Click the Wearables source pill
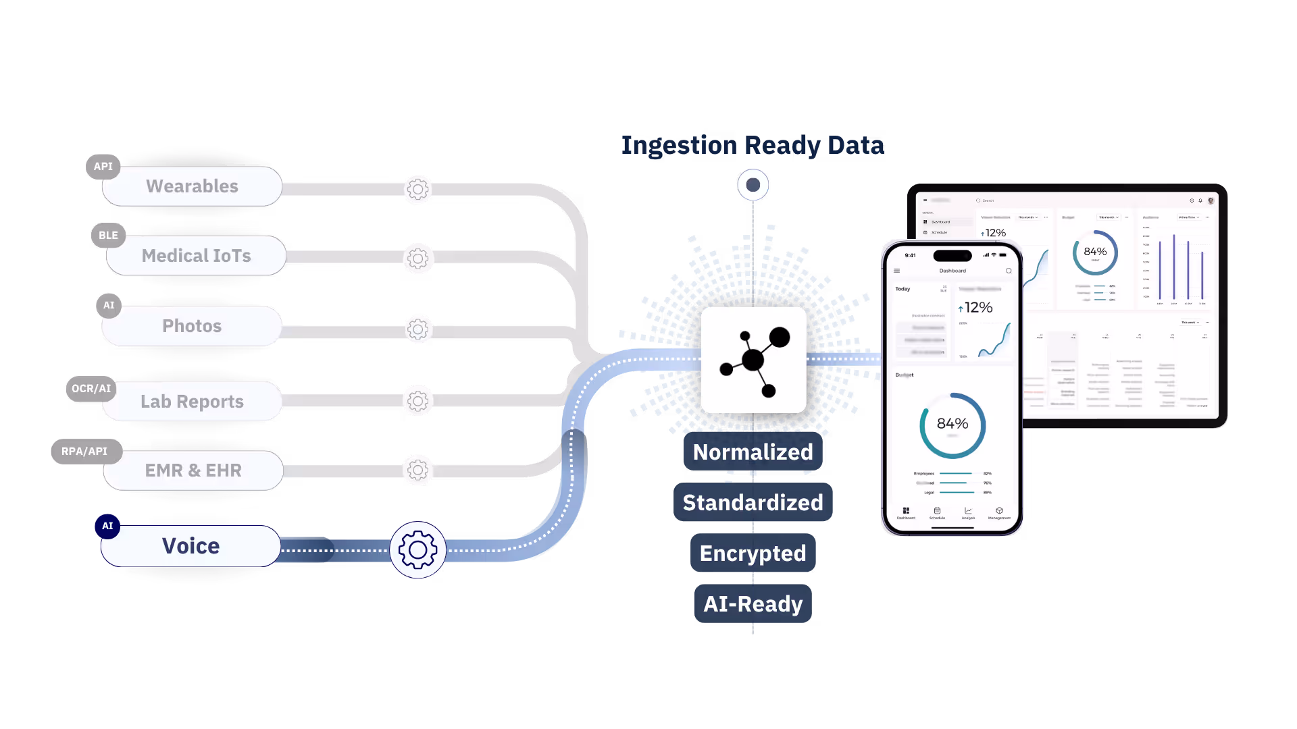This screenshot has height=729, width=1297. point(192,186)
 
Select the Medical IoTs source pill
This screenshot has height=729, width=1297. point(196,256)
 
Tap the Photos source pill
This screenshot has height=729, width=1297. point(192,326)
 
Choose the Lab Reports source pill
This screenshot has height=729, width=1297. point(192,402)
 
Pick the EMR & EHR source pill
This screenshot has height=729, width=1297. point(193,470)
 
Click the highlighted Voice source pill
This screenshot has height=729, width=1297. point(190,546)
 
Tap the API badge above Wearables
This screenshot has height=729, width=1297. point(103,167)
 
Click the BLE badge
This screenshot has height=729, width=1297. point(108,236)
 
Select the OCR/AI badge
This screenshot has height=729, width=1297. point(91,389)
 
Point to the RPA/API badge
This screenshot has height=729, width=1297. point(84,452)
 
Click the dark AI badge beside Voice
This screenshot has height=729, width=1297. point(107,526)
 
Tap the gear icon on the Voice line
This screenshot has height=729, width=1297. point(417,550)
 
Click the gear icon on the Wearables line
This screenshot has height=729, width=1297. point(417,190)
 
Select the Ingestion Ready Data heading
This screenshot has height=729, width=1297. point(753,146)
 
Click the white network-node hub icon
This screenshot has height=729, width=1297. point(753,360)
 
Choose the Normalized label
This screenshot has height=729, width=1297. point(753,452)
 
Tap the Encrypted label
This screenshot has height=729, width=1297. point(753,553)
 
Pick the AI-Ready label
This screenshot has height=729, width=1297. point(753,604)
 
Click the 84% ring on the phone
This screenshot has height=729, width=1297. point(952,425)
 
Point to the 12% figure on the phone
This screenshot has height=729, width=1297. point(975,308)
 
